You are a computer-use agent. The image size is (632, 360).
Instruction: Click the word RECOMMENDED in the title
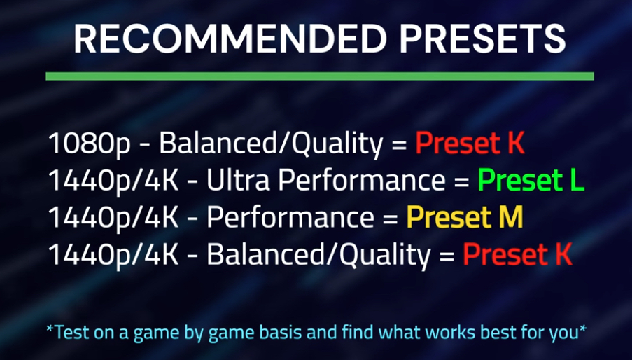[230, 39]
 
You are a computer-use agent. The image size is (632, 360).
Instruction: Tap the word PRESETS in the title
[483, 39]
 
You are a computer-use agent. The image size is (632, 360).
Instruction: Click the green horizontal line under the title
[320, 76]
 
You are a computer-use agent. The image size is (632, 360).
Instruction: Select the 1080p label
[89, 144]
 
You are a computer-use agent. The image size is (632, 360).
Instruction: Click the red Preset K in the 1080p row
[470, 143]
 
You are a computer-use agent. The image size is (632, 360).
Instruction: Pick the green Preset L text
[531, 180]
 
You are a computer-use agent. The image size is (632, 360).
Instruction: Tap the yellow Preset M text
[465, 217]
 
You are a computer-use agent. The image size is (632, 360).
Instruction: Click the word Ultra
[238, 180]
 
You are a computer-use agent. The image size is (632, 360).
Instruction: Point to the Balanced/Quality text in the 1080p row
[271, 144]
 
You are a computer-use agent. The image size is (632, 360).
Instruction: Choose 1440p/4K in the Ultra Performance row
[113, 181]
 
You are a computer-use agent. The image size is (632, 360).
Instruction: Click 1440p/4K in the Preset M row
[113, 218]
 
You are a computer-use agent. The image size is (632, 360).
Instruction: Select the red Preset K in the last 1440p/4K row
[517, 254]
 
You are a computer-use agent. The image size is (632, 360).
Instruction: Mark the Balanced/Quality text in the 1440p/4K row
[318, 255]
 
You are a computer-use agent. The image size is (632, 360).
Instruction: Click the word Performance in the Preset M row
[290, 217]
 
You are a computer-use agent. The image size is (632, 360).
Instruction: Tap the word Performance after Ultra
[362, 180]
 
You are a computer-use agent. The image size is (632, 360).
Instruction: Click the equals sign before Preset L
[461, 181]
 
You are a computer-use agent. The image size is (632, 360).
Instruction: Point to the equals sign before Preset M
[390, 219]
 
